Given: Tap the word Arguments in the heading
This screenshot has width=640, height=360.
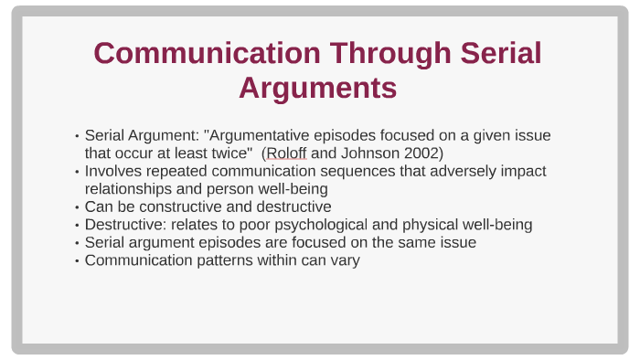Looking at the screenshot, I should [x=317, y=88].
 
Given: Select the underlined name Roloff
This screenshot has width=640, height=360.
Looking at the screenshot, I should [x=286, y=153].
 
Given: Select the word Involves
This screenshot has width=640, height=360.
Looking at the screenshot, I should [x=113, y=171].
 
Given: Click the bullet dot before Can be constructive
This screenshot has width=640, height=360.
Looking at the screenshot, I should [x=77, y=207].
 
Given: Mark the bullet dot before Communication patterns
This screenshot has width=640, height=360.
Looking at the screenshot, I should [x=77, y=260].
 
